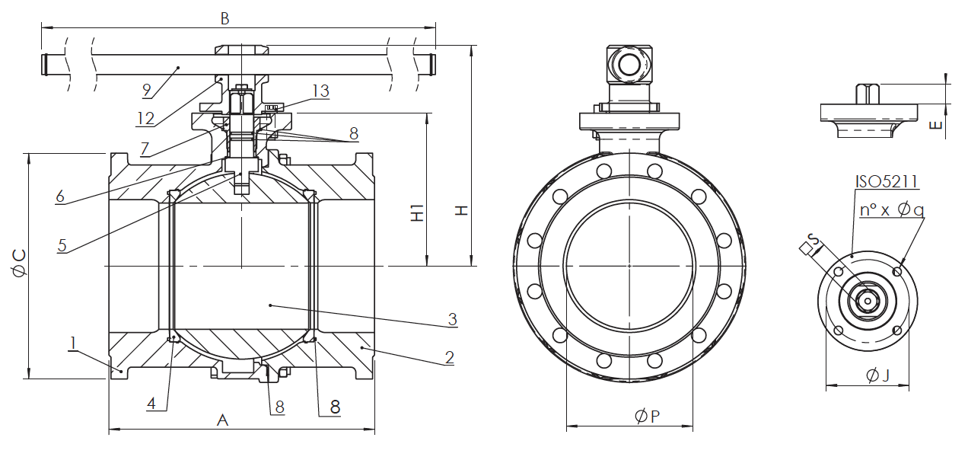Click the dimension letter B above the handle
[224, 18]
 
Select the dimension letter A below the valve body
[222, 420]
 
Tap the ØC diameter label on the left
[19, 263]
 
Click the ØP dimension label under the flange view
[648, 416]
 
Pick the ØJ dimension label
[878, 375]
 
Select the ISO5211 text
[887, 181]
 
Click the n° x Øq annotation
[891, 210]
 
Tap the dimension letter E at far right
[935, 125]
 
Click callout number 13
[321, 91]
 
